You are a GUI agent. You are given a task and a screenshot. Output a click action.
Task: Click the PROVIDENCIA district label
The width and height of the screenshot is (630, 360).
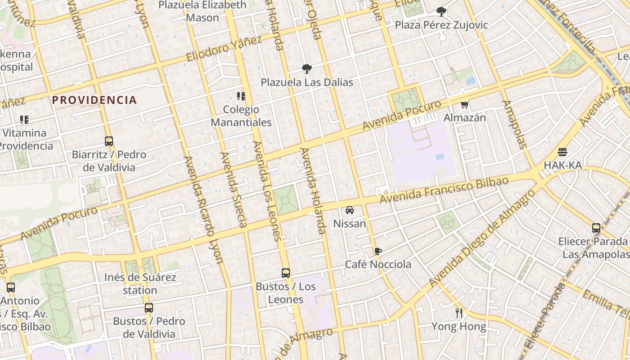click(x=94, y=100)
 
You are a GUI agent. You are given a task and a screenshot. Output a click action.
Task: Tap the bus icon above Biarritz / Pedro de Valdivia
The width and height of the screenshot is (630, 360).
click(x=108, y=141)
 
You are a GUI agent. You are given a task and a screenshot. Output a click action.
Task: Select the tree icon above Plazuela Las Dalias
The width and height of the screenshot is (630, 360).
click(x=307, y=69)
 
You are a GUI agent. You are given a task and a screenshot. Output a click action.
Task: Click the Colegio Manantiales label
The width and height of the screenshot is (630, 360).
click(x=241, y=116)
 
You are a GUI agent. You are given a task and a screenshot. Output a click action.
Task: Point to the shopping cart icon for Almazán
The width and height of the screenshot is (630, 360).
click(x=465, y=104)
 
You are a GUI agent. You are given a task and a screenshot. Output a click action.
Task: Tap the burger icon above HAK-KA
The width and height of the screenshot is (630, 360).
click(x=562, y=152)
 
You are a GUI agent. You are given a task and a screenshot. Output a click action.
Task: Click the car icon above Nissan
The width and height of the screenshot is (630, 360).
click(x=350, y=210)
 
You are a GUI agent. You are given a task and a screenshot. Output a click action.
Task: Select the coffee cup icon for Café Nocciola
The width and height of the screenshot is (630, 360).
click(x=378, y=251)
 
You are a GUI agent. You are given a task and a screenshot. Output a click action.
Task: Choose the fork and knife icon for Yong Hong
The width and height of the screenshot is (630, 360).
click(x=459, y=313)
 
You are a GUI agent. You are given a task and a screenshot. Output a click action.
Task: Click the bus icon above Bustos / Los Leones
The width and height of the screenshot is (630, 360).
click(x=286, y=273)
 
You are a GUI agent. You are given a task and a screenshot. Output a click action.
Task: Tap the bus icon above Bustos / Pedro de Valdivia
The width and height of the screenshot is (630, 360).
click(x=149, y=308)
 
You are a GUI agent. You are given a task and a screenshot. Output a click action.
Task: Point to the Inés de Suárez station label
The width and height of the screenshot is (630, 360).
click(x=140, y=283)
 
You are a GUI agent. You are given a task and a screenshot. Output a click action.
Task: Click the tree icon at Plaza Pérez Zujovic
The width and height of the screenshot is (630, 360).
click(x=441, y=11)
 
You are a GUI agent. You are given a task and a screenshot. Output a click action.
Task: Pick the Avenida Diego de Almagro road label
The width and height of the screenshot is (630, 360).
click(x=482, y=238)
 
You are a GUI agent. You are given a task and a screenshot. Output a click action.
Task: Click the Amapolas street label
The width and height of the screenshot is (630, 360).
click(x=514, y=124)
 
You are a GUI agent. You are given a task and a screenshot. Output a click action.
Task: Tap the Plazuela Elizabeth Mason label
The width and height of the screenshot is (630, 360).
click(x=202, y=11)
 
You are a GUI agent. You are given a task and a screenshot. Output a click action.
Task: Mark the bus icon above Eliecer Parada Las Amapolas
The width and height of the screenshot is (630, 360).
click(x=596, y=228)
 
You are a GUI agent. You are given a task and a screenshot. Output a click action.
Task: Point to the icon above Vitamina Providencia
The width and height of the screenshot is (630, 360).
click(x=24, y=120)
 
